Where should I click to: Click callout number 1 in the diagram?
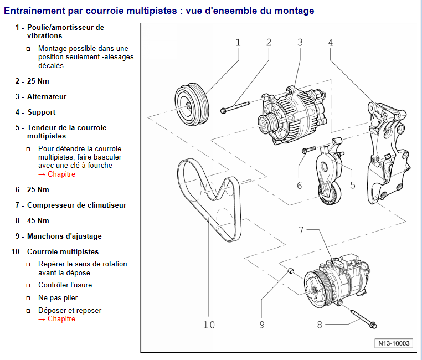pyautogui.click(x=238, y=43)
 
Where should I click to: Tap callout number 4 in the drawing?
pyautogui.click(x=331, y=43)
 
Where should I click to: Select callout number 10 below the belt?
pyautogui.click(x=209, y=325)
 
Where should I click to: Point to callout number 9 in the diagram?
pyautogui.click(x=262, y=325)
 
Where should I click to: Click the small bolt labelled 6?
pyautogui.click(x=308, y=150)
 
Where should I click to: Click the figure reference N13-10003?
pyautogui.click(x=394, y=343)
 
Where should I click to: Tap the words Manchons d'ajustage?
pyautogui.click(x=64, y=236)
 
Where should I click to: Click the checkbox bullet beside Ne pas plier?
pyautogui.click(x=28, y=298)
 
